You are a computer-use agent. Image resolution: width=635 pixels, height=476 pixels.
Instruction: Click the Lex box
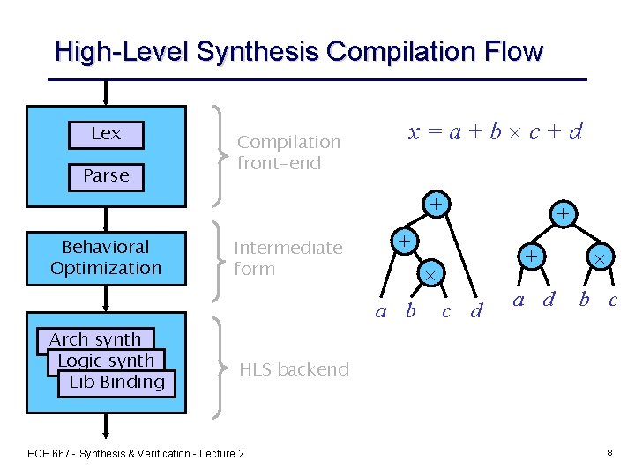[106, 134]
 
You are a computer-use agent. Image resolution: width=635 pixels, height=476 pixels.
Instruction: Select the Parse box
[106, 176]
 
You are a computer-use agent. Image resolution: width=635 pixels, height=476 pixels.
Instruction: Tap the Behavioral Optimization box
[106, 257]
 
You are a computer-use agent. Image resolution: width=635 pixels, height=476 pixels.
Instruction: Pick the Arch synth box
[95, 339]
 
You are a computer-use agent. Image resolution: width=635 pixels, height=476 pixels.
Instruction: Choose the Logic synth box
[106, 361]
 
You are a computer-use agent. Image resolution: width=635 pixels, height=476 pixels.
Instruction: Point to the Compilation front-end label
[288, 152]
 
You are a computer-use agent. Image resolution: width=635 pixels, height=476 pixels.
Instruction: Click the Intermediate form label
[288, 257]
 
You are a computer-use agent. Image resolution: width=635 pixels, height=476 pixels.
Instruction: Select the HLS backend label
[294, 369]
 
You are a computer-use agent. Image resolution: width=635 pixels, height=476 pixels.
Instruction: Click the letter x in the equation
[414, 133]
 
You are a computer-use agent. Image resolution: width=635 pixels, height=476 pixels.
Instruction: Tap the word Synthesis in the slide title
[256, 52]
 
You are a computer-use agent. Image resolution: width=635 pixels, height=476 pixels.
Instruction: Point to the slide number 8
[609, 452]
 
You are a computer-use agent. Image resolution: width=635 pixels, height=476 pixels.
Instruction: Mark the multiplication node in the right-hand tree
[599, 258]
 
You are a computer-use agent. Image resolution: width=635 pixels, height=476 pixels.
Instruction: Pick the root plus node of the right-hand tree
[563, 214]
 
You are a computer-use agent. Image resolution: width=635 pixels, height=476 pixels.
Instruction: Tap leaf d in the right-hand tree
[549, 300]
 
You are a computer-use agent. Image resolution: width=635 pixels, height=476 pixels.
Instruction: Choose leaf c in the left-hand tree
[446, 310]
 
